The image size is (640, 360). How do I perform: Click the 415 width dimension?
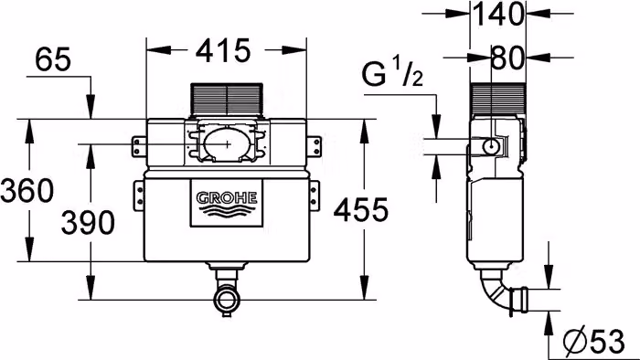[x=223, y=51]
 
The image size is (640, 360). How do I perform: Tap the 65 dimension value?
[x=53, y=59]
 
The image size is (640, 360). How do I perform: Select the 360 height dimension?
[x=27, y=190]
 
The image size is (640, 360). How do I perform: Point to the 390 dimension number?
[x=88, y=223]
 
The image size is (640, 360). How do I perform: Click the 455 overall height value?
[x=361, y=210]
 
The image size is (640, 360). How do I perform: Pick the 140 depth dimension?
[x=497, y=15]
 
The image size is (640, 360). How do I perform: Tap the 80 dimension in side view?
[x=507, y=58]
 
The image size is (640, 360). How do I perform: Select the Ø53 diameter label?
[x=594, y=340]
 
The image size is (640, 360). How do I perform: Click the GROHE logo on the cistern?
[x=227, y=203]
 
